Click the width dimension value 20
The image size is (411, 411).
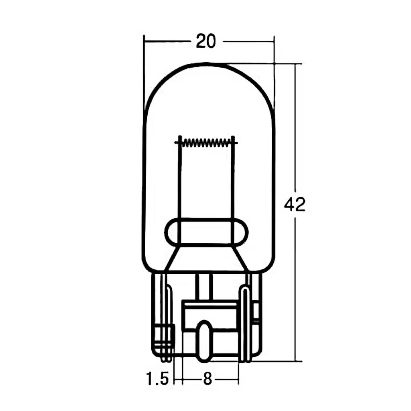206,41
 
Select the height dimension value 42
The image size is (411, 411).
295,205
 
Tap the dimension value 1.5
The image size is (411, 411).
157,379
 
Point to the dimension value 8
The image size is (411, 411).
207,379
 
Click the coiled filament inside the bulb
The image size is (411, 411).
206,142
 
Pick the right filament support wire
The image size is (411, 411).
233,181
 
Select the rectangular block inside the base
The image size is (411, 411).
210,317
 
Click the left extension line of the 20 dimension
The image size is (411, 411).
144,72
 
